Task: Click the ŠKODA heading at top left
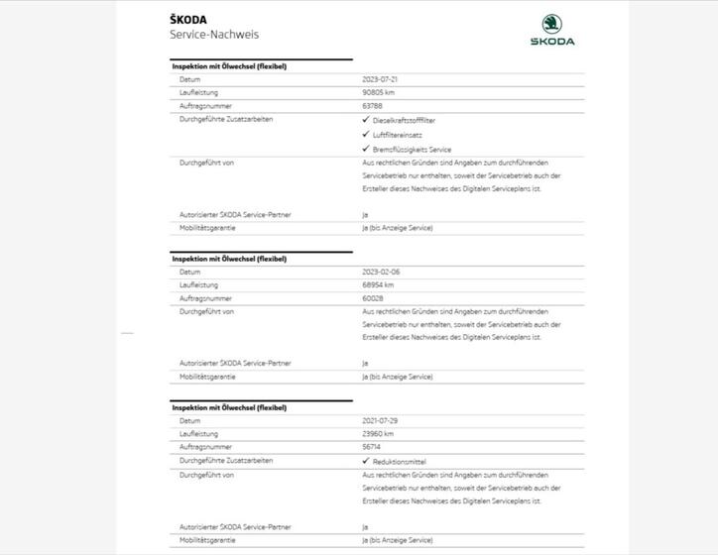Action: pos(188,19)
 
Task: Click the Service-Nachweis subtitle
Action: pos(214,34)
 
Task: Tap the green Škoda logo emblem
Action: pos(551,25)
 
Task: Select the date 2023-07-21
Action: pos(381,79)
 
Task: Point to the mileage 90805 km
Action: pos(381,92)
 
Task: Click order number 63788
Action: pos(373,105)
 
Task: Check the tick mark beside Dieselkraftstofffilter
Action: pos(366,120)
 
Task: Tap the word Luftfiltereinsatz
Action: pos(398,135)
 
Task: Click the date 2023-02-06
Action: pos(382,272)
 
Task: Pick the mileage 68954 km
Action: pos(379,285)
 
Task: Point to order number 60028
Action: pos(373,298)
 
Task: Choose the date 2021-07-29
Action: pos(381,421)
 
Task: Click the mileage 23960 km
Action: pos(379,434)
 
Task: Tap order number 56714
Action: pos(372,447)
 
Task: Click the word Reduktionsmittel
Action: pos(400,462)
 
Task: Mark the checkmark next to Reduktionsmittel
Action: pos(366,461)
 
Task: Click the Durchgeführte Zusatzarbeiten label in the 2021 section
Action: pos(226,461)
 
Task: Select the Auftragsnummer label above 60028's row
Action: pos(205,298)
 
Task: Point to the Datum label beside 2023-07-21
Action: pos(189,79)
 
